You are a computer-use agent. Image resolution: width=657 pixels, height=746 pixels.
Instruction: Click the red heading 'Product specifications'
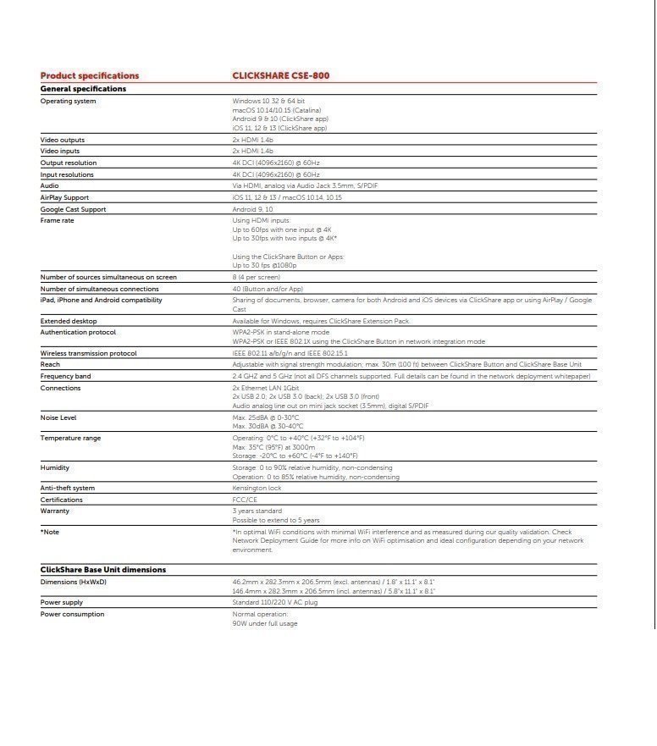(x=90, y=76)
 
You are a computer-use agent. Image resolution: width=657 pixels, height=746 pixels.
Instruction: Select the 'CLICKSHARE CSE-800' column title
(x=281, y=76)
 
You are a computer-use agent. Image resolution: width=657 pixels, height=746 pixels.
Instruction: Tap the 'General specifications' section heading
(x=83, y=89)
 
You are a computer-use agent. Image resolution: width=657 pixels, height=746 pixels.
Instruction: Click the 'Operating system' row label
(x=68, y=102)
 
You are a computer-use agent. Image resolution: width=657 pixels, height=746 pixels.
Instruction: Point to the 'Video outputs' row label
(x=63, y=140)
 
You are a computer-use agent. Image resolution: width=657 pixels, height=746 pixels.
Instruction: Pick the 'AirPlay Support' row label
(x=64, y=197)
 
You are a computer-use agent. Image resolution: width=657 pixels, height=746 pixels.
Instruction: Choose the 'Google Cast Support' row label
(x=73, y=209)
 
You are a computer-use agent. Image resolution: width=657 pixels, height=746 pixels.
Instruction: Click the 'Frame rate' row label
(x=58, y=220)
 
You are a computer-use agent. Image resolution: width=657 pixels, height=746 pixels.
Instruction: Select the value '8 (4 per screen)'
(x=256, y=277)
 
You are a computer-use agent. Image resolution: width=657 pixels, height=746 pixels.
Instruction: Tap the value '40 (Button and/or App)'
(x=268, y=289)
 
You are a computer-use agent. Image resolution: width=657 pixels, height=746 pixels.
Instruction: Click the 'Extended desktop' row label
(x=69, y=321)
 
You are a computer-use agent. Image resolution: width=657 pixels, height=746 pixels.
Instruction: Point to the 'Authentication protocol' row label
(x=78, y=333)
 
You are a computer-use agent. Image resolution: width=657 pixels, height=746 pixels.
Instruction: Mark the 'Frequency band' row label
(x=65, y=376)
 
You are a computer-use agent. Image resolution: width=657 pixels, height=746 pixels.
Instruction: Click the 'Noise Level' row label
(x=58, y=417)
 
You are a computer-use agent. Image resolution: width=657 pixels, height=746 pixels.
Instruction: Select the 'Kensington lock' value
(x=257, y=489)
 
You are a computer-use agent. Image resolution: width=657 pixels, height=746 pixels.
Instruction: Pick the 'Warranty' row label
(x=55, y=511)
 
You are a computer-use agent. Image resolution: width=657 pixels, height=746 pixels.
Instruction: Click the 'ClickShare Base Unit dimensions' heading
(x=103, y=570)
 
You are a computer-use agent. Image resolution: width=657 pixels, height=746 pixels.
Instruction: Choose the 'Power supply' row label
(x=61, y=602)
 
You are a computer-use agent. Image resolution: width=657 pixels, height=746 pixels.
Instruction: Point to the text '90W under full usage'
(x=265, y=624)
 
